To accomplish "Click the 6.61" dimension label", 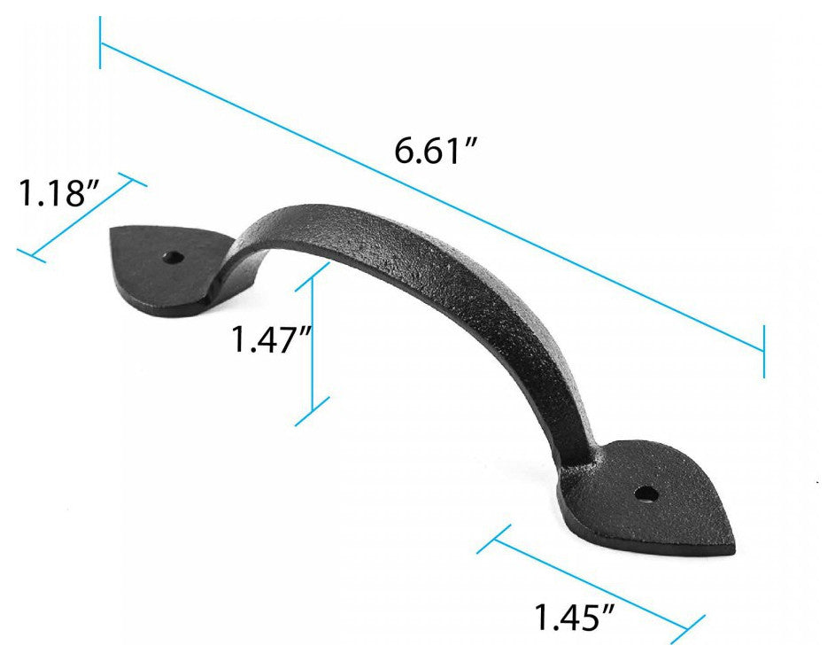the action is [x=434, y=152].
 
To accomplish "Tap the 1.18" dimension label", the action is [x=58, y=192].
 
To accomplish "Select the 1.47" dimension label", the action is [x=271, y=339].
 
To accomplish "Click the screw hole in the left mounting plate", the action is [x=174, y=259].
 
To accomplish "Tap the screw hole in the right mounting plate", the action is [x=646, y=494].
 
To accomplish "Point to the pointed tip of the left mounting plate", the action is [x=112, y=231].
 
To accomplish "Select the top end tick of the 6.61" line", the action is [x=100, y=43].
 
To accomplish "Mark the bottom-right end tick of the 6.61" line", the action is [x=764, y=351].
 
